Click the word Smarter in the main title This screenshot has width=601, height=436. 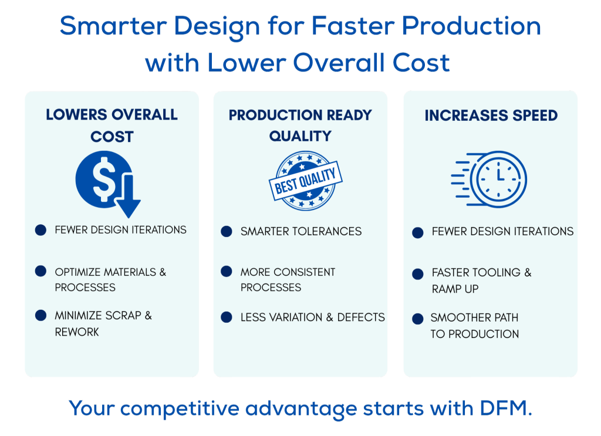[x=113, y=26]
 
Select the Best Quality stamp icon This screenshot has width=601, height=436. [x=305, y=181]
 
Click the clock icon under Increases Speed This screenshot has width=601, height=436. [x=489, y=180]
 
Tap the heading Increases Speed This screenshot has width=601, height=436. [x=491, y=116]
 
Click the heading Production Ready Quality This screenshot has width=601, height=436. [x=300, y=125]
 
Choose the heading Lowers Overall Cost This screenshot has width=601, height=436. [x=112, y=125]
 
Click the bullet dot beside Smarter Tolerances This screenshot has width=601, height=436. [x=227, y=231]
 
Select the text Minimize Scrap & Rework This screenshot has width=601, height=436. [x=103, y=324]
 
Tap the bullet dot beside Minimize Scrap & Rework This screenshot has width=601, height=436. [x=40, y=315]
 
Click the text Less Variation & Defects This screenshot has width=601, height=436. [x=313, y=317]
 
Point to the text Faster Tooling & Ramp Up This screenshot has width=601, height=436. [x=482, y=280]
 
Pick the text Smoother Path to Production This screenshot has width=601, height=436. [x=474, y=326]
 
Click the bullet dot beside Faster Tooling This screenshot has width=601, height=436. [x=418, y=274]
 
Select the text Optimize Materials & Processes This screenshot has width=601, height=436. [x=110, y=280]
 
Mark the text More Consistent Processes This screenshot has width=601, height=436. [x=288, y=280]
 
